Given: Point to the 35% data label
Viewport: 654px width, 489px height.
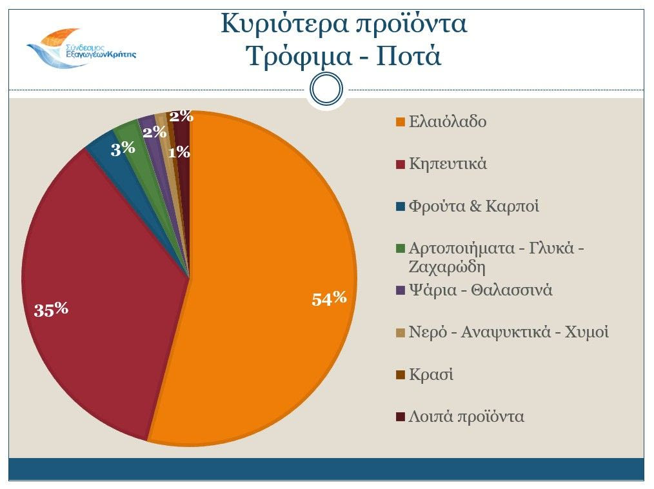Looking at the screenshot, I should [x=51, y=310].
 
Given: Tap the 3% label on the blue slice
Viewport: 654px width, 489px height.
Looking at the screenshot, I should [x=123, y=149].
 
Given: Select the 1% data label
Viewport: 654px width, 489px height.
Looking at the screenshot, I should [x=179, y=153].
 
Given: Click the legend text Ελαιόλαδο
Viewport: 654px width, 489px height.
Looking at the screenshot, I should [x=448, y=122].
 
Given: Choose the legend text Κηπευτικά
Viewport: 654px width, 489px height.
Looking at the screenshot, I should [x=448, y=164].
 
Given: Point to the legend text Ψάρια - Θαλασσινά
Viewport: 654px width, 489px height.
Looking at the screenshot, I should [x=481, y=290].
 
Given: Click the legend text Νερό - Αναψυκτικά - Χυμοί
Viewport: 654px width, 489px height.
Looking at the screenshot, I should [x=509, y=332].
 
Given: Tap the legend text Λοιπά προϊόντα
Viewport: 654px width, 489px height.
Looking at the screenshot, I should [x=466, y=417].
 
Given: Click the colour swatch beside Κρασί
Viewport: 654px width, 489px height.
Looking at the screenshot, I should [x=401, y=375].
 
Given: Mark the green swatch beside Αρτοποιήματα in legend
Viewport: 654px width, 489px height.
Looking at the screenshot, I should [x=401, y=248].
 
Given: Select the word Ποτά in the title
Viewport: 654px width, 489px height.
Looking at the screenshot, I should [x=409, y=57].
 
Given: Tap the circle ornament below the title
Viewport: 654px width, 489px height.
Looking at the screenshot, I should [x=326, y=89].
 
